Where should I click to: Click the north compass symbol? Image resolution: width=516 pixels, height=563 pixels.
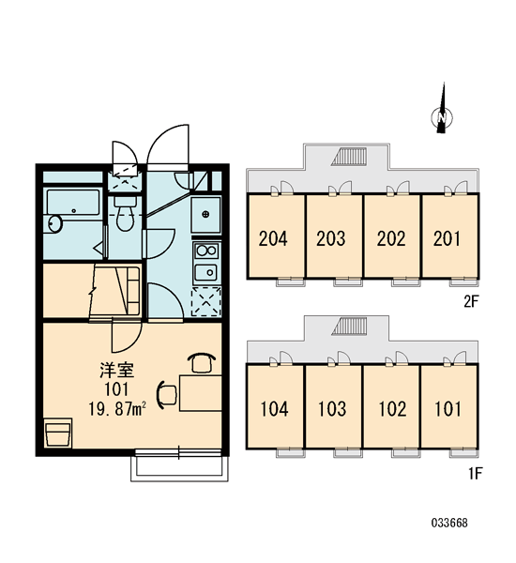[442, 117]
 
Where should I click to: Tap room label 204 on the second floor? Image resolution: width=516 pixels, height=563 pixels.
[273, 238]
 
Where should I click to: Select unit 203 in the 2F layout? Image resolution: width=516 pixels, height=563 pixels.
[331, 238]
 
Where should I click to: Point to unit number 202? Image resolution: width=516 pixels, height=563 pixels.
[391, 238]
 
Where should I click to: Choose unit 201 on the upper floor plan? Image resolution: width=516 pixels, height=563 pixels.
[447, 238]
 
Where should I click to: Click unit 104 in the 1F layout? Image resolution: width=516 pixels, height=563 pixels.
[274, 409]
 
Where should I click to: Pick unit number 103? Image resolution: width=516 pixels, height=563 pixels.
[332, 409]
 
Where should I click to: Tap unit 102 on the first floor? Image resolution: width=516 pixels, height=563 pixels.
[392, 409]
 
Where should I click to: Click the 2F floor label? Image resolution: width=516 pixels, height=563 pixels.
[471, 301]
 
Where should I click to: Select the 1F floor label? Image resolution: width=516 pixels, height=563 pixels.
[475, 474]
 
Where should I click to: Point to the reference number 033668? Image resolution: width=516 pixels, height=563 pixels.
[449, 523]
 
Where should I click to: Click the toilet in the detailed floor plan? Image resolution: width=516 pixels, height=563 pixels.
[125, 213]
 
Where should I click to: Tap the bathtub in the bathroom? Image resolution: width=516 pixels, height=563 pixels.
[73, 202]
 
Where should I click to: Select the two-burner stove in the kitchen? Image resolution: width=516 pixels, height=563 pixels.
[206, 251]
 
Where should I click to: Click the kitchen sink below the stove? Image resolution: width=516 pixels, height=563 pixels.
[205, 273]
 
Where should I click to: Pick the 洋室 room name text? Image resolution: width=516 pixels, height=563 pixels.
[117, 371]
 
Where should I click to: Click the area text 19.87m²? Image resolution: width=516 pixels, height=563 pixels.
[117, 409]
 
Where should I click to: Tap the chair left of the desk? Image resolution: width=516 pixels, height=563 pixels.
[167, 395]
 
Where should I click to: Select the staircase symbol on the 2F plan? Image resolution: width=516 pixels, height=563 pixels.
[349, 157]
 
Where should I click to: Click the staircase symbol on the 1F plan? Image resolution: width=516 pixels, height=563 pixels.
[349, 327]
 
